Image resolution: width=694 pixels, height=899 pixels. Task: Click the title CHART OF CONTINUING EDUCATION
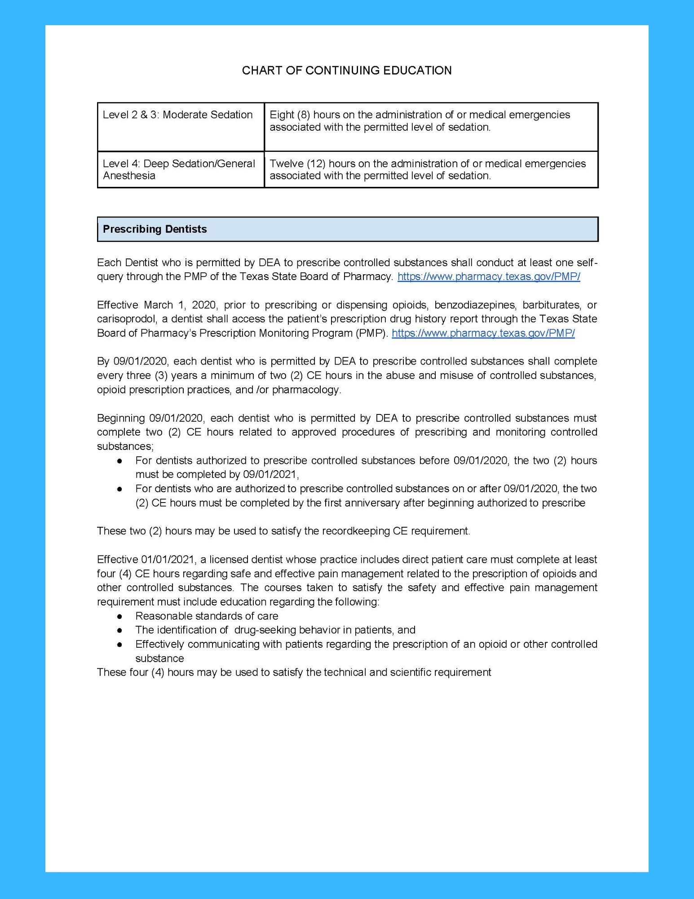point(347,71)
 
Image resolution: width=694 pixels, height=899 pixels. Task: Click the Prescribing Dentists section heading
point(155,229)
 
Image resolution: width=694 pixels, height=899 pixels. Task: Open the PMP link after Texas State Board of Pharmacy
point(489,277)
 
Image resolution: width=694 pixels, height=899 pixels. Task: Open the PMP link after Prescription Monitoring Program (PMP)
point(483,333)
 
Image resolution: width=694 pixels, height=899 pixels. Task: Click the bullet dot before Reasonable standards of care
point(120,616)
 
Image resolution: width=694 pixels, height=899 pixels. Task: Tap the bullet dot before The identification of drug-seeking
point(120,630)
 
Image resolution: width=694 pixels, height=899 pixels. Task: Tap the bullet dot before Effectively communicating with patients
point(120,645)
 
